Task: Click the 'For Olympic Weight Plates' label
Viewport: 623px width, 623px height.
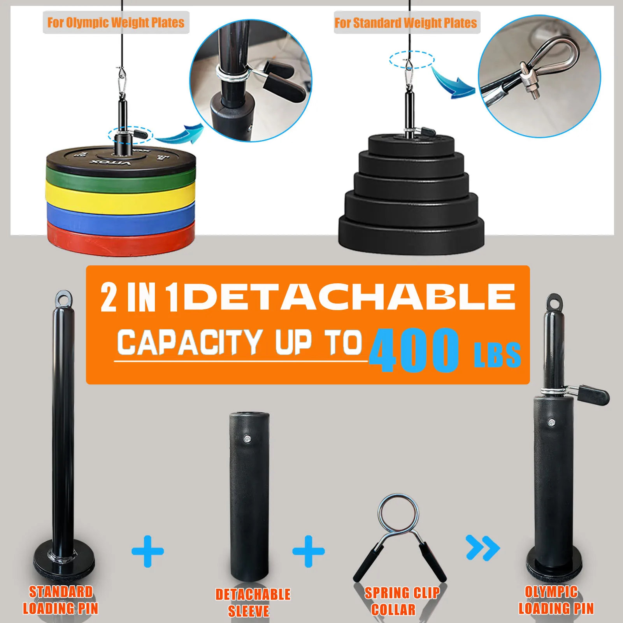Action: [x=116, y=23]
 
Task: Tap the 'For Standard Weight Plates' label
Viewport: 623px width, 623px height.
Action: [x=406, y=23]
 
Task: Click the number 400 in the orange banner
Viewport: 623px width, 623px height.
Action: [x=414, y=350]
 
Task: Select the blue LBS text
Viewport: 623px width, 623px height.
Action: [x=497, y=355]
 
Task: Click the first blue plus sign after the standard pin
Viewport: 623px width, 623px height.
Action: [x=148, y=551]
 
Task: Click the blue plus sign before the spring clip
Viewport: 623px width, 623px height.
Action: [x=309, y=551]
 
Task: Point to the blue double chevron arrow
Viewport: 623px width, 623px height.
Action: [x=483, y=548]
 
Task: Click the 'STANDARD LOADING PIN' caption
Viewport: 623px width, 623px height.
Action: [x=61, y=600]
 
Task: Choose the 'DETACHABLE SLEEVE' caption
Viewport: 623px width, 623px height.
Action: [x=253, y=602]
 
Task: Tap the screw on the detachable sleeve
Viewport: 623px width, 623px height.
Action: [x=247, y=439]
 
